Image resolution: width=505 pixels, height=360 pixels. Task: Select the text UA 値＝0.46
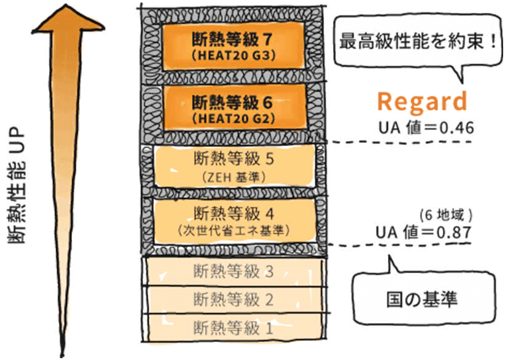pyautogui.click(x=424, y=128)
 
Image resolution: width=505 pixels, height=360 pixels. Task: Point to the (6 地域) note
pyautogui.click(x=445, y=216)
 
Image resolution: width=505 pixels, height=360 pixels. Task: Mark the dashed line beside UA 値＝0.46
pyautogui.click(x=400, y=141)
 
